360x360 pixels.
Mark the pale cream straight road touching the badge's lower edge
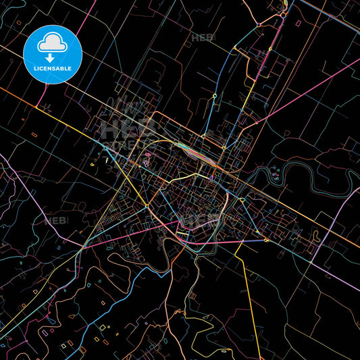(x=74, y=81)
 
